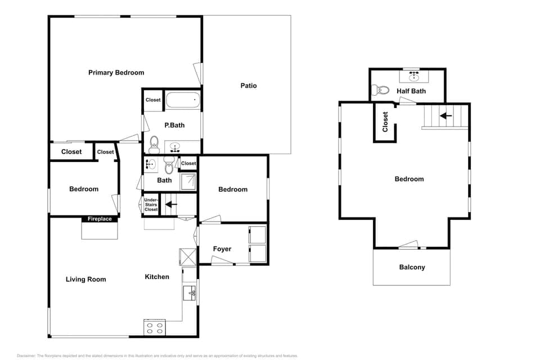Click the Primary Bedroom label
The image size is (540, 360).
coord(116,73)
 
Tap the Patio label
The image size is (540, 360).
coord(248,85)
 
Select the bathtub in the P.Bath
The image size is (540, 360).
coord(183,101)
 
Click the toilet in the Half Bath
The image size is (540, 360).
coord(382,90)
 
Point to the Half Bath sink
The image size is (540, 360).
coord(414,74)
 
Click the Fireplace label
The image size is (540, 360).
coord(100,219)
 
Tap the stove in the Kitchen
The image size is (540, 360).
coord(155,327)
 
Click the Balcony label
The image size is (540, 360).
coord(412,267)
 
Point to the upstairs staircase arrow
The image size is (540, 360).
coord(445,116)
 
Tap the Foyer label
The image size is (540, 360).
coord(222,249)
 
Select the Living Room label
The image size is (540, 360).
coord(85,280)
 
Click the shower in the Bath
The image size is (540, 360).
coord(190,181)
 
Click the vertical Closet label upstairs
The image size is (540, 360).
coord(385,121)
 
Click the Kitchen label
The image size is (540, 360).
coord(157,277)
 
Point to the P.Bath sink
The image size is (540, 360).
coord(175,148)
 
